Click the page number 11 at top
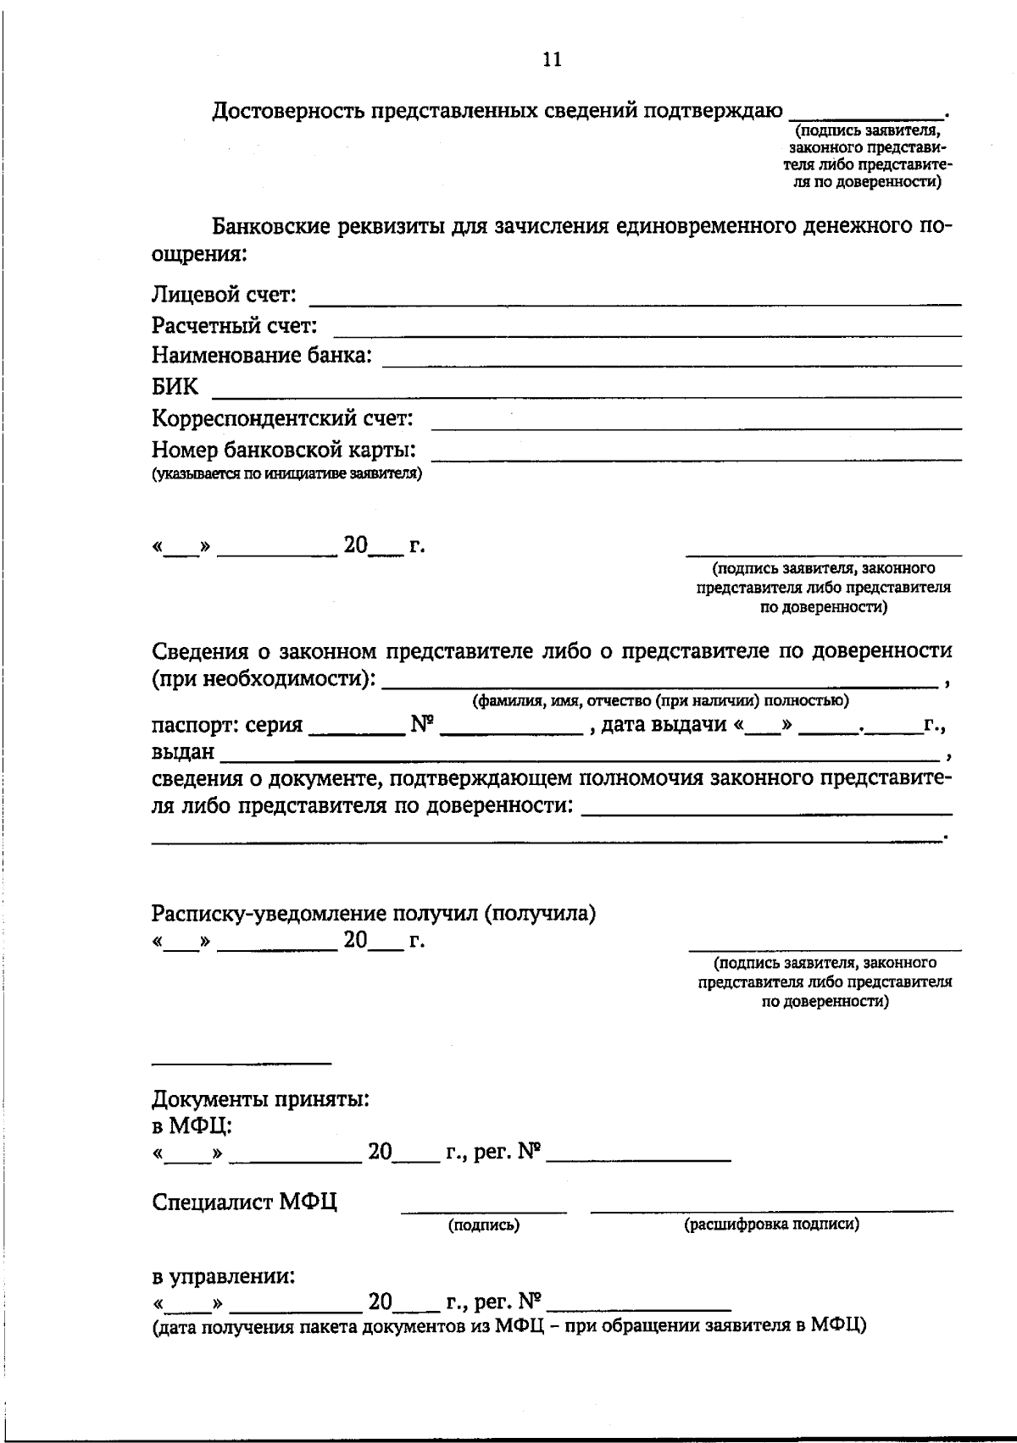pyautogui.click(x=552, y=60)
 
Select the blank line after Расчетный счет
pyautogui.click(x=648, y=330)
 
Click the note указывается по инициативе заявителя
pyautogui.click(x=286, y=474)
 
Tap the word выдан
pyautogui.click(x=182, y=752)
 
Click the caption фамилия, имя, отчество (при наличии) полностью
pyautogui.click(x=660, y=700)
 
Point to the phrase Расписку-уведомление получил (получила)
pyautogui.click(x=374, y=914)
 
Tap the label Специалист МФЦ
pyautogui.click(x=244, y=1202)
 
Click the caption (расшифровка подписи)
pyautogui.click(x=771, y=1225)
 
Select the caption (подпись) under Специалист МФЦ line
pyautogui.click(x=483, y=1225)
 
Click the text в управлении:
pyautogui.click(x=224, y=1276)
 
